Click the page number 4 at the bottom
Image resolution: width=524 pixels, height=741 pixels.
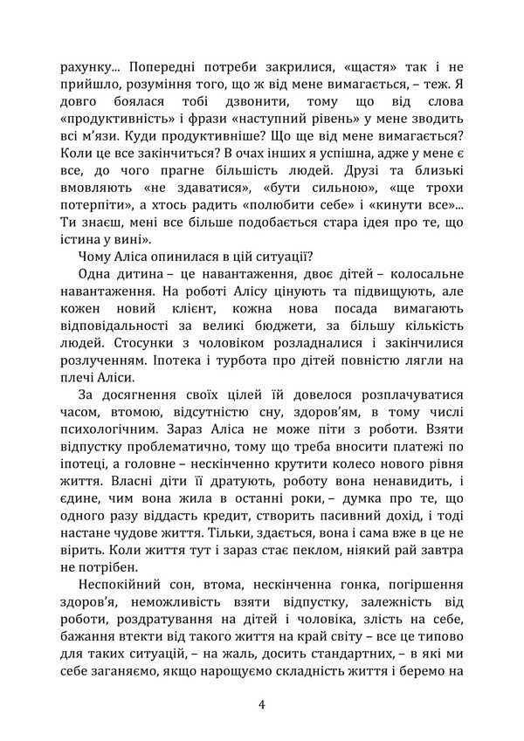click(x=262, y=703)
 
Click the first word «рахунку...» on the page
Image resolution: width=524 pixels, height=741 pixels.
click(x=91, y=65)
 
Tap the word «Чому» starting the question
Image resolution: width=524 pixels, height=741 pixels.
click(x=95, y=257)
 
